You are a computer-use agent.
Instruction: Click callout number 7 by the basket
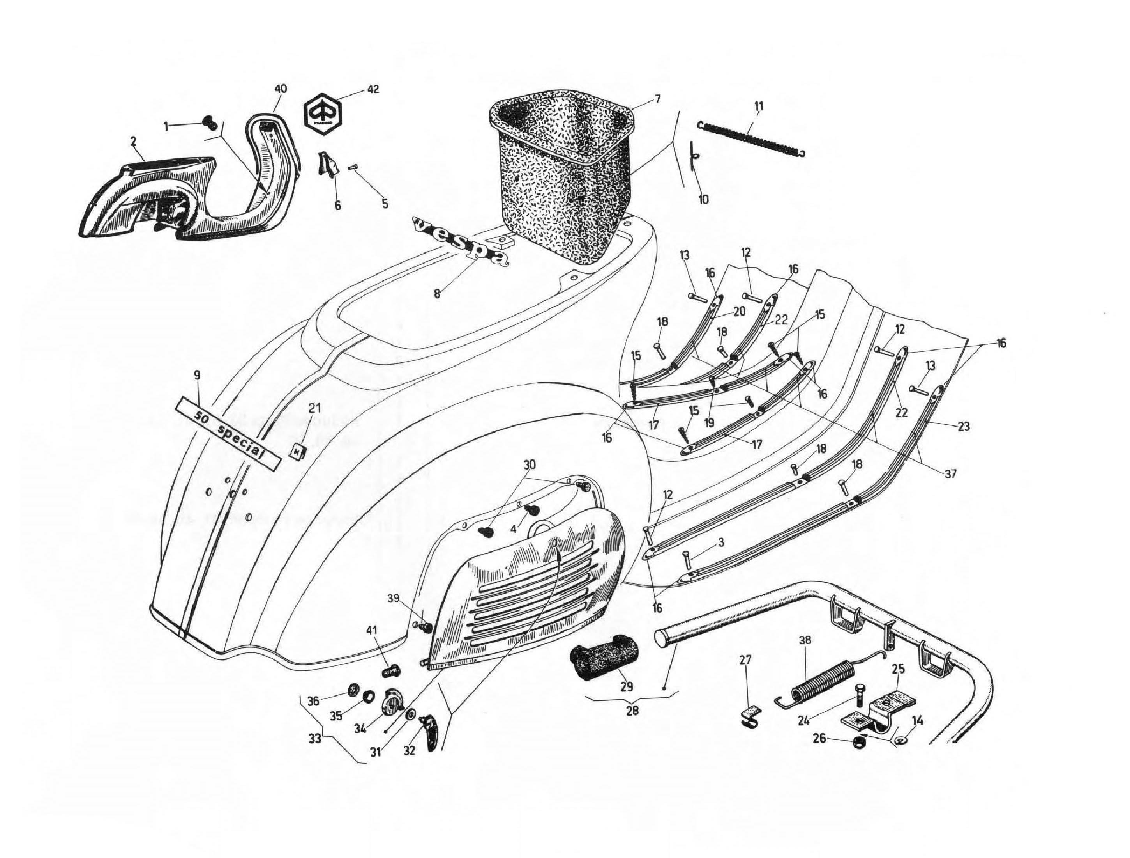657,99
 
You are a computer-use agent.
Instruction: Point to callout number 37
950,474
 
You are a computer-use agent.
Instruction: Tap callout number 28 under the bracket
632,710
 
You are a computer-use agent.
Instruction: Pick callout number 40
281,89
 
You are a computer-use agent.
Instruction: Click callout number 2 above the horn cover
133,140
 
